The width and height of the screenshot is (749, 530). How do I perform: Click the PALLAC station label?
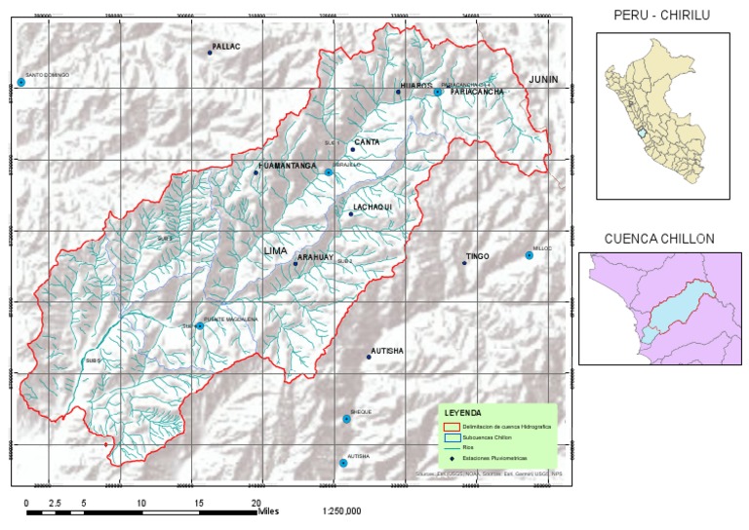tap(225, 46)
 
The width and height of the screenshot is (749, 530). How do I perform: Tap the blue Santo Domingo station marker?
tap(20, 83)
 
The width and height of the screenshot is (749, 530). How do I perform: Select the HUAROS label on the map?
tap(415, 86)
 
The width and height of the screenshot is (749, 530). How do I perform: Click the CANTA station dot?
tap(352, 150)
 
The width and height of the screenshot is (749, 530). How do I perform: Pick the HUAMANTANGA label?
tap(288, 167)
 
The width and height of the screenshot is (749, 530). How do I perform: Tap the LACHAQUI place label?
tap(372, 208)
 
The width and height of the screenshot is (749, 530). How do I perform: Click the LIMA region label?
tap(276, 251)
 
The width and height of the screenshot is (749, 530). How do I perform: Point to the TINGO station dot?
tap(464, 263)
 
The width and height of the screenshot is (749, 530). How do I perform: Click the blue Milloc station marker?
tap(530, 255)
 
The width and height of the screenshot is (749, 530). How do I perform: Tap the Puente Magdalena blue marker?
tap(200, 326)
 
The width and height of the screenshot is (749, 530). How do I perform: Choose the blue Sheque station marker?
tap(346, 419)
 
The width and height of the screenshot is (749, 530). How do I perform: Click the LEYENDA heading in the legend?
tap(462, 414)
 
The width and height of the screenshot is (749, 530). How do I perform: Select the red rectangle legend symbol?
tap(451, 428)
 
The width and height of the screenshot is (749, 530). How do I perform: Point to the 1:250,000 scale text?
tap(341, 511)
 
